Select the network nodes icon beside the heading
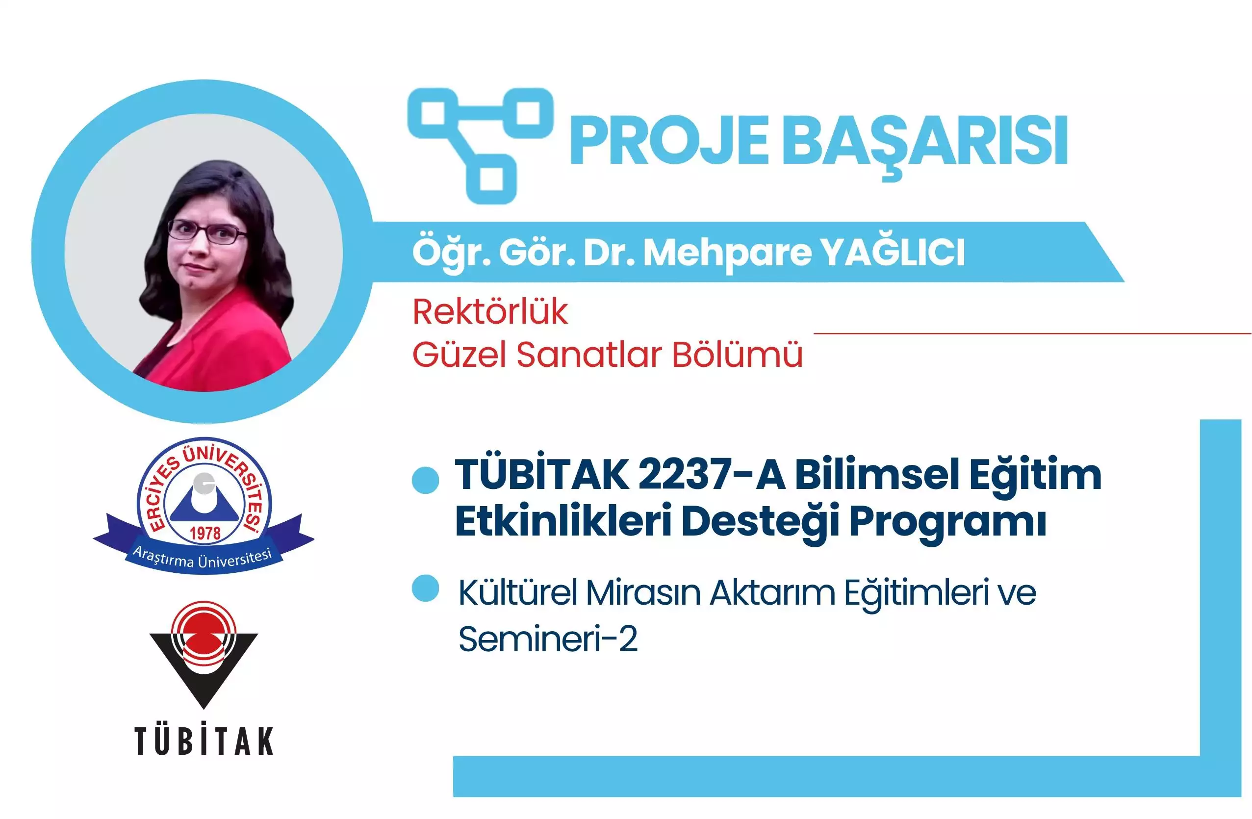[x=480, y=145]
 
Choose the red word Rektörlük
[x=490, y=312]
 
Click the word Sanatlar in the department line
[x=588, y=355]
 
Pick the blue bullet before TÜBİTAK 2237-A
[x=425, y=480]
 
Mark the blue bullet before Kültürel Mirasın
[x=425, y=588]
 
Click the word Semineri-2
[x=548, y=639]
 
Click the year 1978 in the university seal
[x=205, y=534]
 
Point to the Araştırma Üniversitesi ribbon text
[x=203, y=559]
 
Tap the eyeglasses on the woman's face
[x=207, y=231]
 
